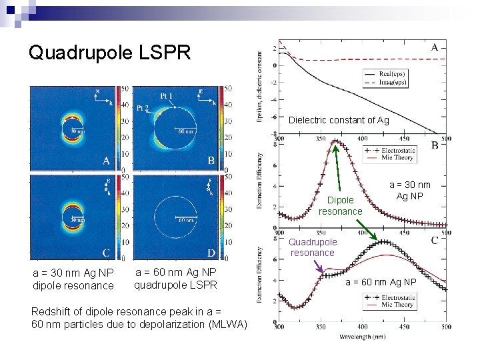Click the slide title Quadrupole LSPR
coord(109,52)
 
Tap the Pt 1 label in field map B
coord(167,96)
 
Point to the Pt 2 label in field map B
coord(142,107)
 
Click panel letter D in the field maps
coord(211,253)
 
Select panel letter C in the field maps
coord(107,253)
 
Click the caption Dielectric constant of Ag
coord(339,120)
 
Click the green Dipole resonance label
coord(340,205)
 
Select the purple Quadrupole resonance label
coord(313,247)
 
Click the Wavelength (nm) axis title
coord(361,337)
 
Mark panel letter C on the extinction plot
coord(435,240)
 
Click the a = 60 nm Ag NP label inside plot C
coord(381,282)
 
